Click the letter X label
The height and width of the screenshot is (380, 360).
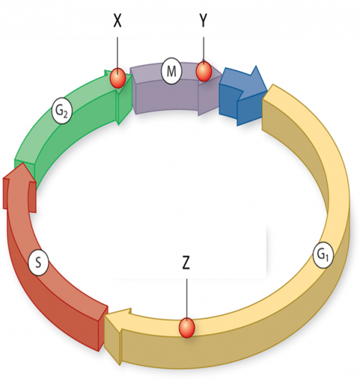point(117,21)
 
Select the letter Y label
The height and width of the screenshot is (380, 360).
point(203,21)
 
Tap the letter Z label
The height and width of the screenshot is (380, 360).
point(186,263)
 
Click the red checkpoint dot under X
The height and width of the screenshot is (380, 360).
point(118,78)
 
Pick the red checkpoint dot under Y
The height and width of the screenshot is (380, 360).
point(204,71)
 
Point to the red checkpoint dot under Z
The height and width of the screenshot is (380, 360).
point(187,328)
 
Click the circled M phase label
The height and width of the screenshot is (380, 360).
point(171,71)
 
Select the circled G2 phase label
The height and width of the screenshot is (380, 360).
point(62,111)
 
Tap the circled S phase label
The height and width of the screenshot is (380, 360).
point(38,263)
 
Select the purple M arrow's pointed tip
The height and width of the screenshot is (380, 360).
point(221,75)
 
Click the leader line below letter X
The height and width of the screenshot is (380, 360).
point(118,53)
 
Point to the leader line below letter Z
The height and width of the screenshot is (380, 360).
point(187,298)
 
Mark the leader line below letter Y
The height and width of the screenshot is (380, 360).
point(204,49)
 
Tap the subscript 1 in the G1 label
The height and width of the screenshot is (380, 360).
point(327,259)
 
